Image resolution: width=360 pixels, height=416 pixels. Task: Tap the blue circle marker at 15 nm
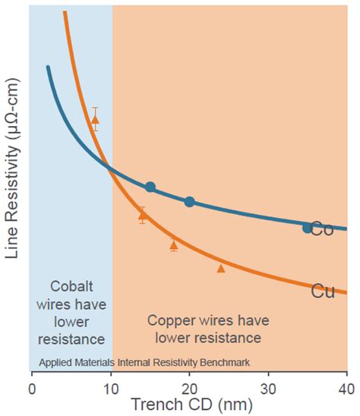click(150, 187)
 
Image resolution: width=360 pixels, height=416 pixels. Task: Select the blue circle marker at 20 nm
click(190, 201)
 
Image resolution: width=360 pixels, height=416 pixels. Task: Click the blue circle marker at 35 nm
click(307, 228)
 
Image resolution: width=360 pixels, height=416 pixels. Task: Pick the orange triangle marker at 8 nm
click(95, 119)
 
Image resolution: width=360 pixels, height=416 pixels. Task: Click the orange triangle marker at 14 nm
click(142, 216)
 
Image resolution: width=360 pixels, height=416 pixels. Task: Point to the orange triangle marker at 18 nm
click(174, 244)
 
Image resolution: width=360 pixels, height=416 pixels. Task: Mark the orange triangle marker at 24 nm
click(221, 268)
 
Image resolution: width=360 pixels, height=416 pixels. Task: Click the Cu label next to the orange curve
click(322, 291)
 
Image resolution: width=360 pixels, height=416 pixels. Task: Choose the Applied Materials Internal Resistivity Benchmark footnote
click(144, 362)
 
